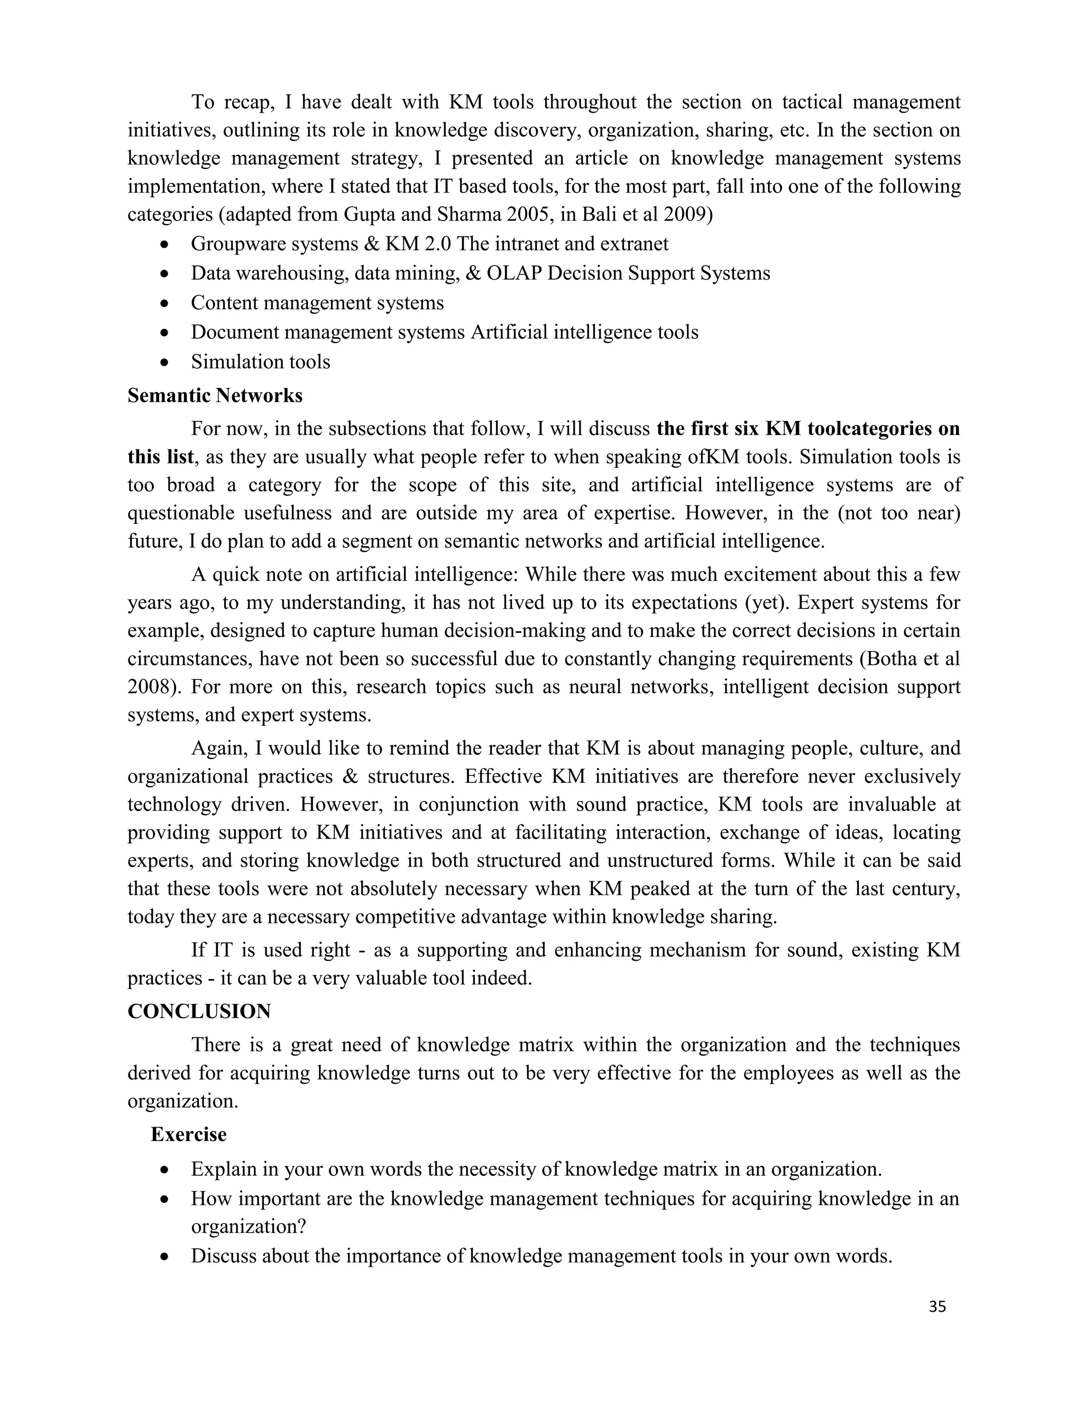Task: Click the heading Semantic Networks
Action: pos(215,396)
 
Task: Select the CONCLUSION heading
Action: pos(199,1011)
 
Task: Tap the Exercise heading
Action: pos(189,1134)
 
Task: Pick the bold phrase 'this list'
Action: pos(160,457)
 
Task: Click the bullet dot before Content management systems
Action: pos(166,303)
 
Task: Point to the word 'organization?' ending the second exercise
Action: pos(249,1227)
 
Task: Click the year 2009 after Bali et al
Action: pos(684,214)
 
